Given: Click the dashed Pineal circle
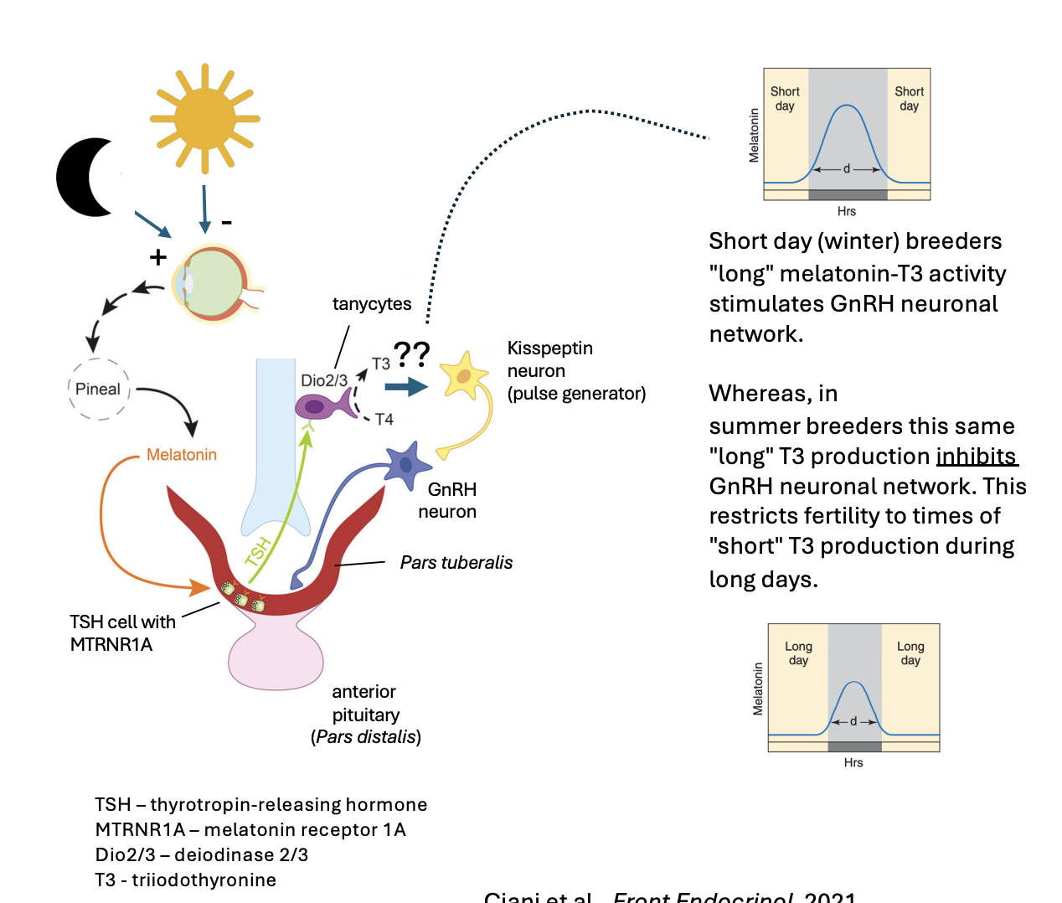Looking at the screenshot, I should pyautogui.click(x=99, y=389).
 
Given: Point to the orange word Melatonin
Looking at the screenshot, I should pyautogui.click(x=181, y=455).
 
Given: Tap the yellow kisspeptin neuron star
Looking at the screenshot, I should pyautogui.click(x=463, y=375).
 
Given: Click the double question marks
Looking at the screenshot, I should pyautogui.click(x=412, y=354).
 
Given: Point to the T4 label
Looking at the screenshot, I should pyautogui.click(x=384, y=419).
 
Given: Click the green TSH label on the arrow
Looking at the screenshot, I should pyautogui.click(x=259, y=551).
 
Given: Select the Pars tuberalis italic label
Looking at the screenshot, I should pyautogui.click(x=456, y=563).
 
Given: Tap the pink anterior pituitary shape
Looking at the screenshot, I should pyautogui.click(x=276, y=657).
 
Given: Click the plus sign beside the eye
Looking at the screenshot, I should pyautogui.click(x=158, y=257).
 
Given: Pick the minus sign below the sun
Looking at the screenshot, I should pyautogui.click(x=226, y=223).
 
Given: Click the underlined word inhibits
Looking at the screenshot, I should pyautogui.click(x=976, y=457).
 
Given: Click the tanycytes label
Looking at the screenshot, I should pyautogui.click(x=372, y=304).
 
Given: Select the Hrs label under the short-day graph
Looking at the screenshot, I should pyautogui.click(x=846, y=211).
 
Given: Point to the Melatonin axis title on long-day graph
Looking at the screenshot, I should pyautogui.click(x=758, y=689).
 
